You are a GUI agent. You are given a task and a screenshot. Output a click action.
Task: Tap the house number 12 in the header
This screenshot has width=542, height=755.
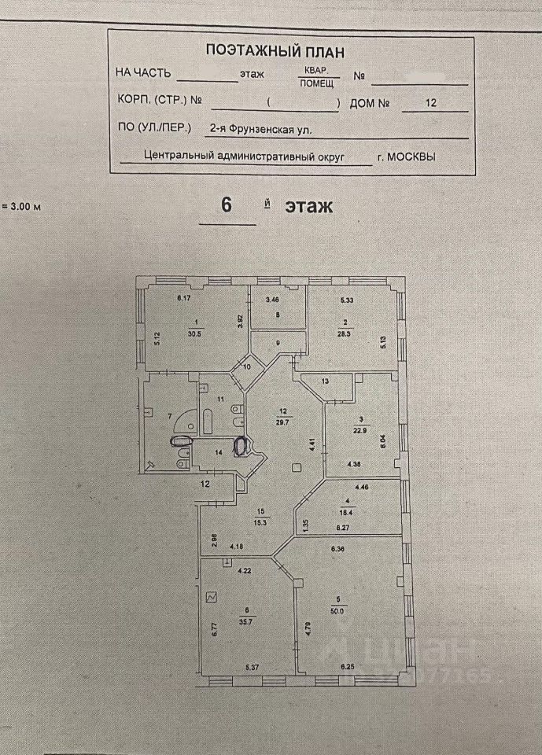(x=430, y=102)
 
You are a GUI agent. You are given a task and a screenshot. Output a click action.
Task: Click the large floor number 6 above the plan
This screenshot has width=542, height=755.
(x=227, y=205)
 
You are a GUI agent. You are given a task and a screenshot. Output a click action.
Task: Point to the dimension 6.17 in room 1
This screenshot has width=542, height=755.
(x=184, y=298)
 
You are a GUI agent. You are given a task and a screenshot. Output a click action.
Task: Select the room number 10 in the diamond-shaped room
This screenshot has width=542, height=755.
(x=247, y=366)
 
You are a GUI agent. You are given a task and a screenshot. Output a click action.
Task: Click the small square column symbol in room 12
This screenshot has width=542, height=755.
(x=296, y=468)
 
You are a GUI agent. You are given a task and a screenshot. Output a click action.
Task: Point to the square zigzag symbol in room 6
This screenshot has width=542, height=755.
(x=211, y=598)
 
